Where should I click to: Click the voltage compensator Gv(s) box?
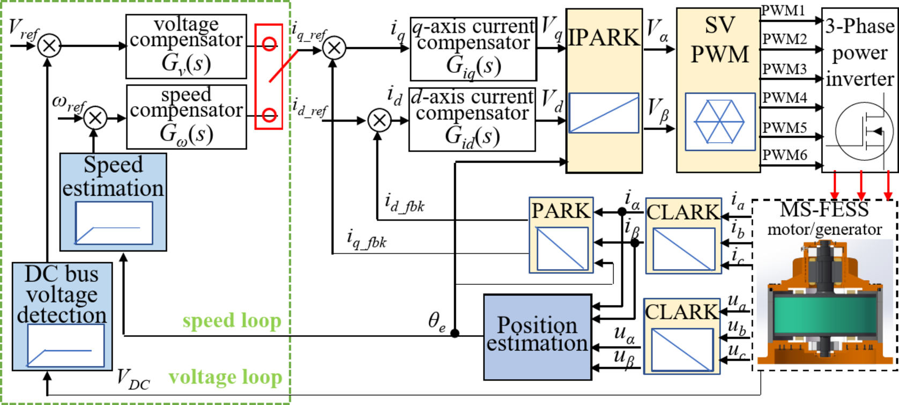[186, 47]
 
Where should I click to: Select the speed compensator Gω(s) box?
[186, 116]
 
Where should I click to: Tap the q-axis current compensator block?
[473, 49]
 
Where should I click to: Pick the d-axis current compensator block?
[472, 120]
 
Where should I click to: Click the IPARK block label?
[604, 38]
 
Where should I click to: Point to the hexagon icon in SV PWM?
[719, 122]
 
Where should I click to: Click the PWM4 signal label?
[784, 98]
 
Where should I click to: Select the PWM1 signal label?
[783, 11]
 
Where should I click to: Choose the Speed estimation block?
[113, 202]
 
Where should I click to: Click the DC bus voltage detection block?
[62, 316]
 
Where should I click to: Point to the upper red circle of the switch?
[269, 44]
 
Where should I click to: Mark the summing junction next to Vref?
[49, 46]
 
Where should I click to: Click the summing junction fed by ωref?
[95, 117]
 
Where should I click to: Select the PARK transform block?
[561, 235]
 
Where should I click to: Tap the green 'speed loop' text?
[232, 321]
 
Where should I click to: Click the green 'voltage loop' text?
[225, 377]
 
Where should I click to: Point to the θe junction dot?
[455, 333]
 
